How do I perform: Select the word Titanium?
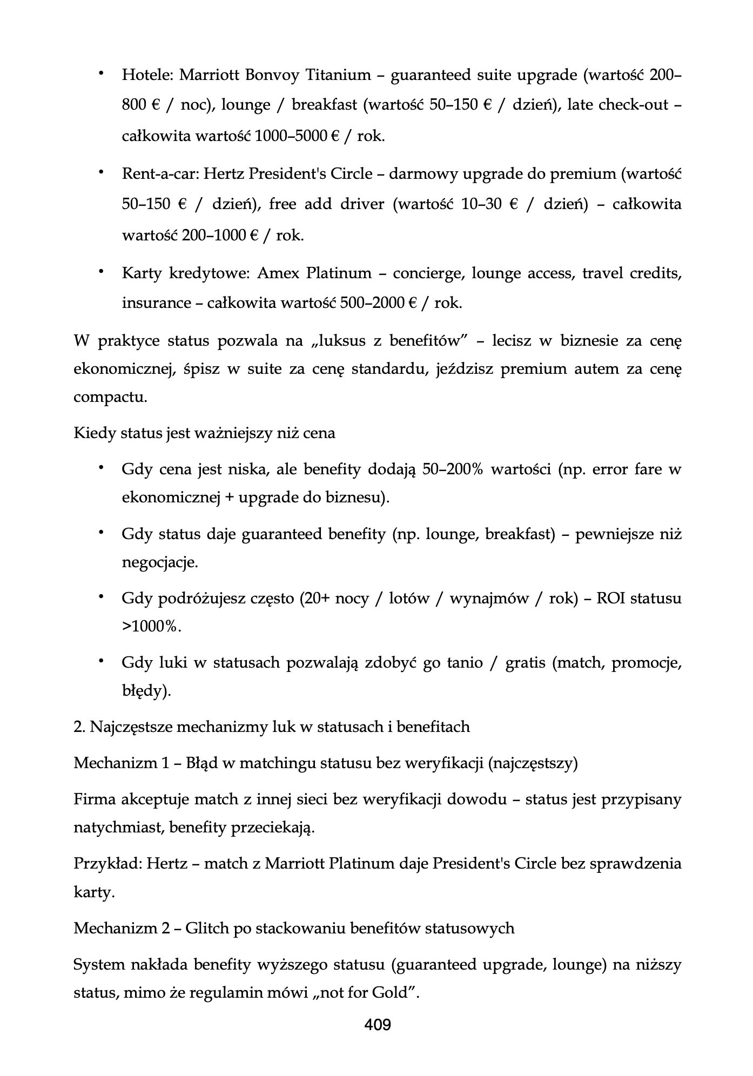click(x=339, y=75)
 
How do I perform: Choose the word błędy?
click(x=144, y=691)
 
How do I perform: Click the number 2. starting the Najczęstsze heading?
click(x=79, y=727)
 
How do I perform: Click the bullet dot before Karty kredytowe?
click(x=100, y=272)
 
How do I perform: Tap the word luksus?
click(x=348, y=341)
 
